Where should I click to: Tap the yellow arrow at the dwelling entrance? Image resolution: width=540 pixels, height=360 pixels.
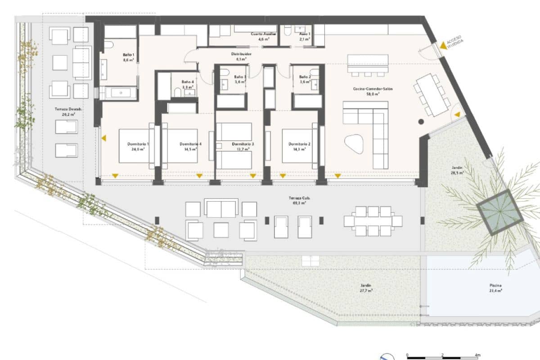(x=443, y=45)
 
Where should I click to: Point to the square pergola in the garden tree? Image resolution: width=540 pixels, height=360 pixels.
(x=499, y=211)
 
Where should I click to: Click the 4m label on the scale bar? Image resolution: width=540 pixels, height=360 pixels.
(x=478, y=355)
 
